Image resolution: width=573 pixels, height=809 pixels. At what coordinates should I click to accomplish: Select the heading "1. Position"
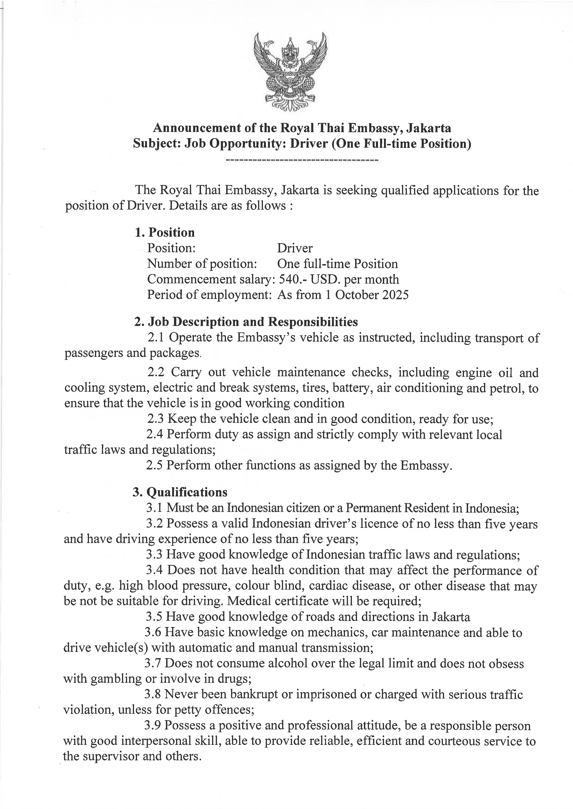(x=165, y=233)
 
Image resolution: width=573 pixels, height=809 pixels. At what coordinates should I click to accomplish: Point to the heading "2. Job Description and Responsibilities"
(x=246, y=322)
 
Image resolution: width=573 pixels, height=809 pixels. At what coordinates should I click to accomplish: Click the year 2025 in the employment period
(x=396, y=295)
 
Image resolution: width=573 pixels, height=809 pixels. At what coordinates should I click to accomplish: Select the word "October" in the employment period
(x=356, y=295)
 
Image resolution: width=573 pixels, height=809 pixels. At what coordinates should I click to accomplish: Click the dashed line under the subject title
(x=302, y=161)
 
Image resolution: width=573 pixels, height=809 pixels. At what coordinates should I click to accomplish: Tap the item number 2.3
(x=155, y=419)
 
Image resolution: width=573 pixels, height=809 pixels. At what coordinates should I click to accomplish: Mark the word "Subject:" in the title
(x=157, y=144)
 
